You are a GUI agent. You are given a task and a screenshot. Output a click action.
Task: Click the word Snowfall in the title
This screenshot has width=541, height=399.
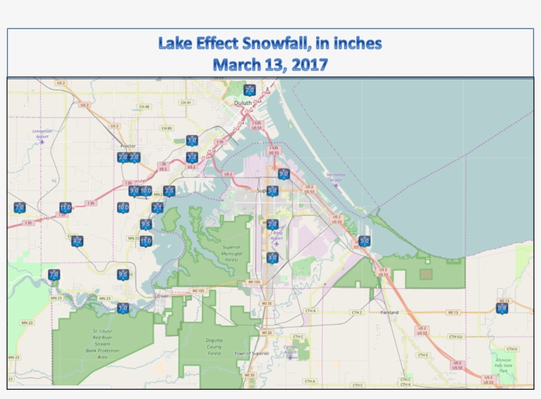[x=271, y=44]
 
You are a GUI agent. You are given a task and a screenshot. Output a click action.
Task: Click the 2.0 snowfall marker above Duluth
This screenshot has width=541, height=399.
[x=249, y=91]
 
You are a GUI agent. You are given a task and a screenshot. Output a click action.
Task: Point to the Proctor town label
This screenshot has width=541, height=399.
[x=128, y=146]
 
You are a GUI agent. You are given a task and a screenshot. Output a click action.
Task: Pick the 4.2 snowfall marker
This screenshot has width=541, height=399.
[x=77, y=241]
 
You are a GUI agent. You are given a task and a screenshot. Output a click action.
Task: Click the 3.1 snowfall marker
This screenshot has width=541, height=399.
[x=158, y=208]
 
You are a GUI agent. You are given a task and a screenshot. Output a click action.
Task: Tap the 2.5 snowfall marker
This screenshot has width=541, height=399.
[x=169, y=192]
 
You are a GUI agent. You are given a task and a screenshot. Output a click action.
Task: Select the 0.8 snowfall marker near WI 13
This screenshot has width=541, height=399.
[x=502, y=308]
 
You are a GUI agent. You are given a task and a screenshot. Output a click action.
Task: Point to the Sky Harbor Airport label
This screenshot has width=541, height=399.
[x=335, y=177]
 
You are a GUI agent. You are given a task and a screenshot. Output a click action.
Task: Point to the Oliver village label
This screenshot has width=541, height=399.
[x=162, y=296]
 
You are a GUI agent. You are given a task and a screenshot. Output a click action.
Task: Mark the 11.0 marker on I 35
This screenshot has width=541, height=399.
[x=65, y=208]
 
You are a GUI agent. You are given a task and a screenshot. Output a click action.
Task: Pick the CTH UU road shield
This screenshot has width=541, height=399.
[x=455, y=336]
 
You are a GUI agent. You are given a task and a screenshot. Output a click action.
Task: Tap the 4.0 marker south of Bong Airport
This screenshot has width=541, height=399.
[x=272, y=258]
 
